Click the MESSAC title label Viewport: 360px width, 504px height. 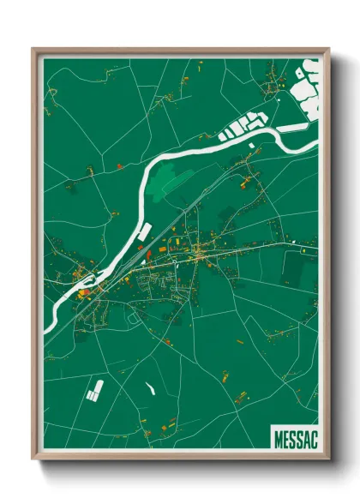coord(294,436)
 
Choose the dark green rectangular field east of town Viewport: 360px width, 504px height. coord(292,269)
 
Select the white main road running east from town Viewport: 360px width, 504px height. coord(257,247)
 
